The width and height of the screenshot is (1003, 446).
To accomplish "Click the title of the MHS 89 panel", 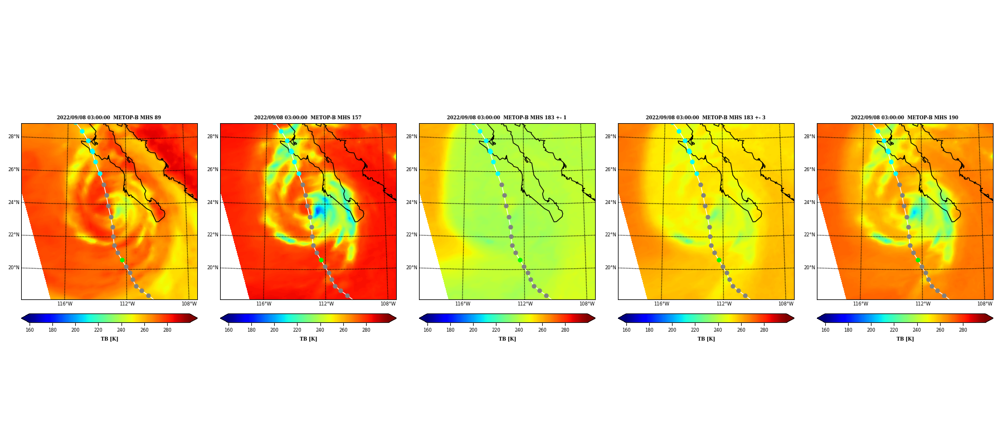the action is pyautogui.click(x=109, y=118).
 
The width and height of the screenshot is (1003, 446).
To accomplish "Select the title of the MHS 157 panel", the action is pyautogui.click(x=308, y=118).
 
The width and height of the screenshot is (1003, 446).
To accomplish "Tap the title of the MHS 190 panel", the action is pyautogui.click(x=904, y=118).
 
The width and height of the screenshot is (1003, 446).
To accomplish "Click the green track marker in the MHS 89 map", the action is pyautogui.click(x=122, y=260).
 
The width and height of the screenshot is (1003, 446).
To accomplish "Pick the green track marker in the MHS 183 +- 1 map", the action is pyautogui.click(x=520, y=260).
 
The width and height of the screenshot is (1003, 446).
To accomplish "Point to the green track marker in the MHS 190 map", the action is pyautogui.click(x=918, y=260).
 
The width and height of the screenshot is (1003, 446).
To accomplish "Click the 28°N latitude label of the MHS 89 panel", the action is pyautogui.click(x=13, y=137).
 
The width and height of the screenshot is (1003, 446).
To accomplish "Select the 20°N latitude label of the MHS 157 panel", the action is pyautogui.click(x=212, y=268).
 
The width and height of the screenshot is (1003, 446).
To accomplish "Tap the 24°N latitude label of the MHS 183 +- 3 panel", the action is pyautogui.click(x=610, y=202).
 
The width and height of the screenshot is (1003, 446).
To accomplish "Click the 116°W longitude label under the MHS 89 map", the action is pyautogui.click(x=65, y=304).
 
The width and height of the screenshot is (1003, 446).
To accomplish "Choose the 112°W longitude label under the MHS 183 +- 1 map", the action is pyautogui.click(x=525, y=304).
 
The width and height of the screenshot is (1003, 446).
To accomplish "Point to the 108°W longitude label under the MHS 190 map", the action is pyautogui.click(x=985, y=304).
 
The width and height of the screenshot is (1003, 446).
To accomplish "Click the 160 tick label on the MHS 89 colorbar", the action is pyautogui.click(x=30, y=330).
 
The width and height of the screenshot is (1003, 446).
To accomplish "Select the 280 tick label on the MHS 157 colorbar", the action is pyautogui.click(x=366, y=330).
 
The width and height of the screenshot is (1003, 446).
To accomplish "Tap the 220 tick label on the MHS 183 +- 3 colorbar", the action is pyautogui.click(x=695, y=330).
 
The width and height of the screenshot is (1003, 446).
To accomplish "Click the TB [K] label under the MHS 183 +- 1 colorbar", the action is pyautogui.click(x=507, y=339).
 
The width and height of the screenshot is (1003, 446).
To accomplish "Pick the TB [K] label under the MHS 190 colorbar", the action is pyautogui.click(x=905, y=339).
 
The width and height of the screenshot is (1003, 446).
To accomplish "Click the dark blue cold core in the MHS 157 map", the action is pyautogui.click(x=318, y=211).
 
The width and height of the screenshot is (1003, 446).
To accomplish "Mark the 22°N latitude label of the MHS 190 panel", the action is pyautogui.click(x=809, y=235).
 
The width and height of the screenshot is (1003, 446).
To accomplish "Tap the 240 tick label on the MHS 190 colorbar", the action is pyautogui.click(x=917, y=330).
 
